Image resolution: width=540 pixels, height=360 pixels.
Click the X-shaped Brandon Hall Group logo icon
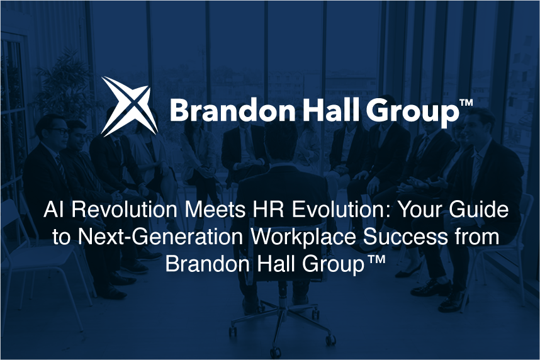(129, 106)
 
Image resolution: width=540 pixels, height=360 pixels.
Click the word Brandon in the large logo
(232, 110)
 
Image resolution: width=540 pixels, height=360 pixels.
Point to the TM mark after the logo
(466, 103)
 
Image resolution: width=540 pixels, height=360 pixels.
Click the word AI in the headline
(53, 209)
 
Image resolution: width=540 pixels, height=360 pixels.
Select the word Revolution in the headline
(125, 209)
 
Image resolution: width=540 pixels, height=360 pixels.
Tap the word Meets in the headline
(216, 210)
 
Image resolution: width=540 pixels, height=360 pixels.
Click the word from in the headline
(477, 236)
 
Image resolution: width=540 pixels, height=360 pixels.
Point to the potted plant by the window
(64, 82)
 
